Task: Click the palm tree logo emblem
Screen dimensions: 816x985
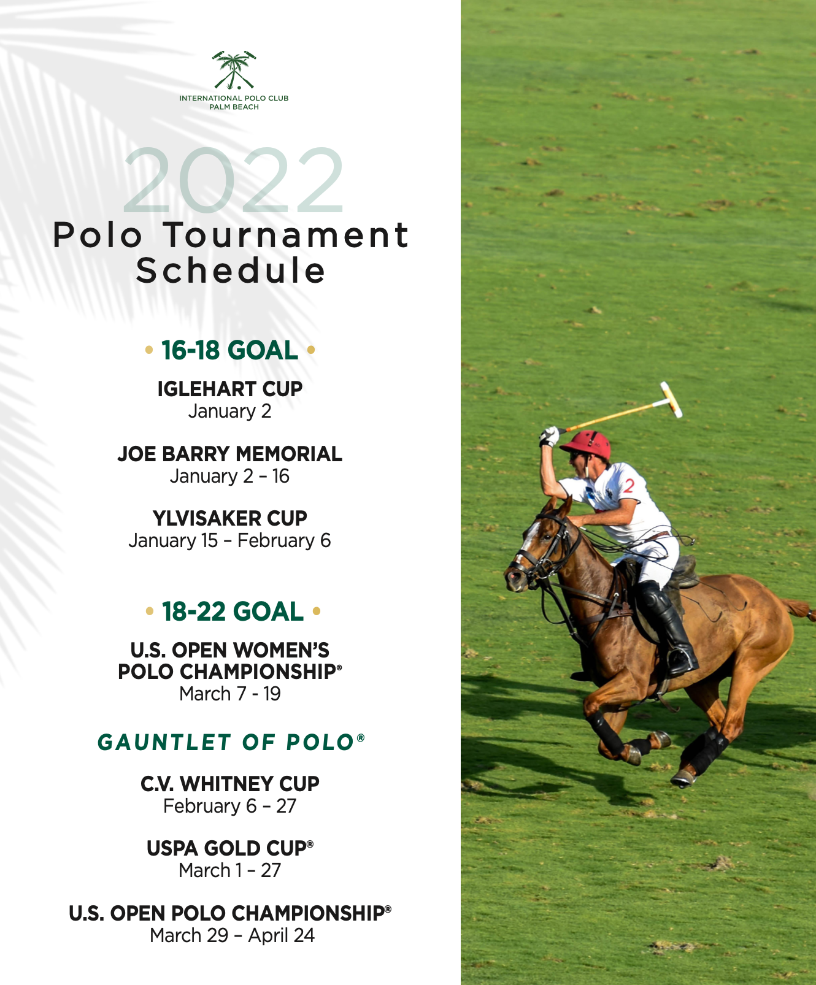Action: [234, 70]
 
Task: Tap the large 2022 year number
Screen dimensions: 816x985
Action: [234, 180]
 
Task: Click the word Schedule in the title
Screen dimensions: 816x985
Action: [231, 270]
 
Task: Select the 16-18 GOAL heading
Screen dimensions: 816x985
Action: [230, 350]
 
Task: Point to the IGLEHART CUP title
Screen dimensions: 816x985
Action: [230, 389]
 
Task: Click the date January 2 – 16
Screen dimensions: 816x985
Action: [230, 476]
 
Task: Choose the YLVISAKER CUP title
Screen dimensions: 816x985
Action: [230, 518]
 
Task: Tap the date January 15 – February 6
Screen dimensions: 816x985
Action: [230, 540]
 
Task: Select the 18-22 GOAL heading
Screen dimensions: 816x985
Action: [233, 611]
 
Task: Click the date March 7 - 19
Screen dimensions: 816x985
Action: [230, 694]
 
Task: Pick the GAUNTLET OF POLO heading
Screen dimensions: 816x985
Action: [231, 742]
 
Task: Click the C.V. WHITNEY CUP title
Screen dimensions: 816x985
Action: [230, 784]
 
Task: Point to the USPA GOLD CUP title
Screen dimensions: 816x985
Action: [230, 848]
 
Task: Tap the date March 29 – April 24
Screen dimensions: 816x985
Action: [233, 935]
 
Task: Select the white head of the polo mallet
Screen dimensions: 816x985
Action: [671, 399]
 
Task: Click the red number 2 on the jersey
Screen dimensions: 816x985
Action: [629, 486]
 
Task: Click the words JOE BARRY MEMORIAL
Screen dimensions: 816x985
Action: [230, 454]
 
